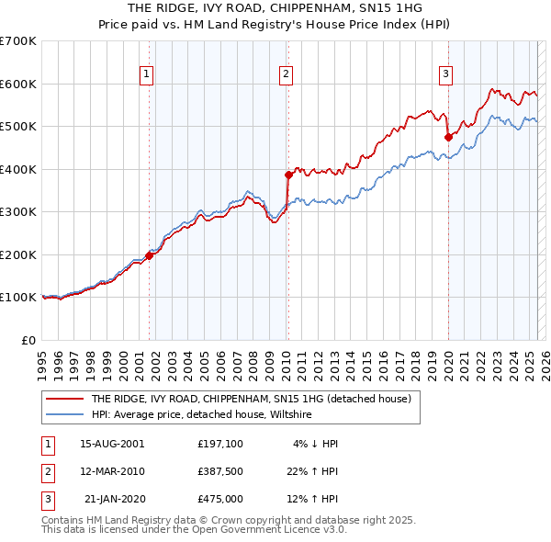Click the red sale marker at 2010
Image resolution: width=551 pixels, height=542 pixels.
(x=287, y=174)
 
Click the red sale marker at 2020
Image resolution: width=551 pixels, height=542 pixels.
(x=448, y=137)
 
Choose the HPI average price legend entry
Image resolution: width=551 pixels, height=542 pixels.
(x=201, y=415)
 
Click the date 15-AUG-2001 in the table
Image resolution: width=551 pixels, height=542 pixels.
(x=112, y=444)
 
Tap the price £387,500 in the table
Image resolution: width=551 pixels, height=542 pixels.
(x=219, y=471)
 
